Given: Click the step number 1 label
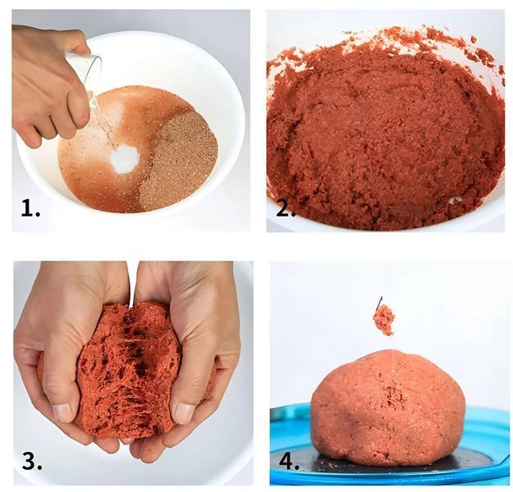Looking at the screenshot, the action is pyautogui.click(x=30, y=208).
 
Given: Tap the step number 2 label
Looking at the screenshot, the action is pyautogui.click(x=286, y=209).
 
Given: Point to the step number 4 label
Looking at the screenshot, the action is pyautogui.click(x=289, y=461).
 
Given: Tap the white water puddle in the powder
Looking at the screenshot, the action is pyautogui.click(x=125, y=158).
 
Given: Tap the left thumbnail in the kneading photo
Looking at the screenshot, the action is pyautogui.click(x=62, y=412).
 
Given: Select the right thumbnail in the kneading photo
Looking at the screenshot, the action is pyautogui.click(x=184, y=413).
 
